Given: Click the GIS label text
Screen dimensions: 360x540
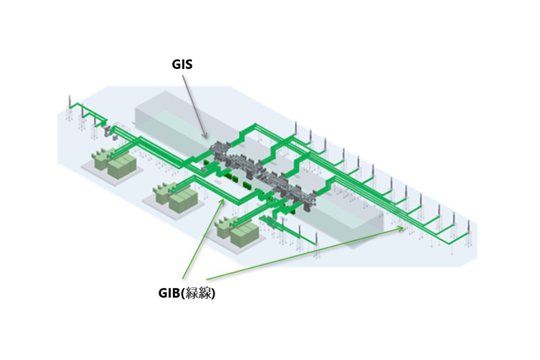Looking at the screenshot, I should [182, 64].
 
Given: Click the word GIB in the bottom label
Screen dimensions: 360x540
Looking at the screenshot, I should [170, 294].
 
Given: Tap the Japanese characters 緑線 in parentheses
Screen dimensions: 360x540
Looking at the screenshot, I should [199, 294].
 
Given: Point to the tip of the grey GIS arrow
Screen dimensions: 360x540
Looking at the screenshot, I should [207, 139].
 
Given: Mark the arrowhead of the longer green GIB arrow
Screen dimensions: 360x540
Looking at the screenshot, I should [404, 228].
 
